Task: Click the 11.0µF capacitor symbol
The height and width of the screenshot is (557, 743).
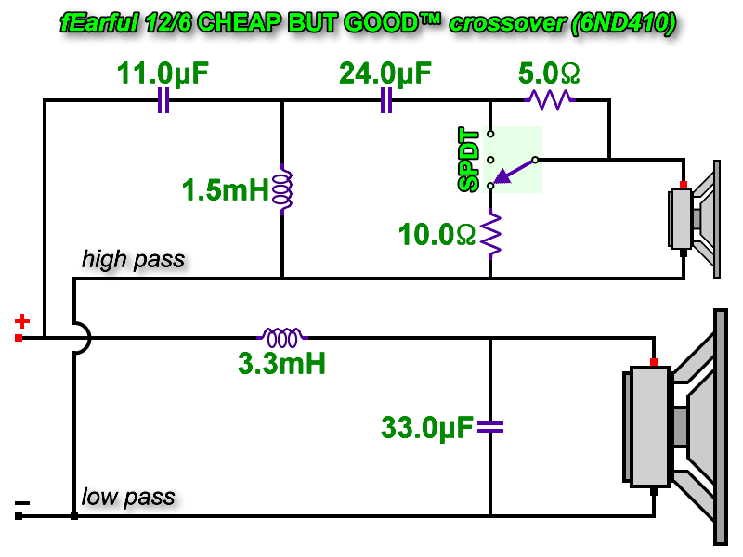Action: coord(163,100)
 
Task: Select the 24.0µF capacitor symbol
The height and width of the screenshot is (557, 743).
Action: coord(386,100)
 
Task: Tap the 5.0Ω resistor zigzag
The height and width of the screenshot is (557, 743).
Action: coord(550,100)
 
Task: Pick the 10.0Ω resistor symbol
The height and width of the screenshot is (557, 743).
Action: coord(491,235)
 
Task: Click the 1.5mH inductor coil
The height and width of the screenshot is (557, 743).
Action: coord(283,189)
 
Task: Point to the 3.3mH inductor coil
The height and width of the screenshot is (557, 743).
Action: coord(282,337)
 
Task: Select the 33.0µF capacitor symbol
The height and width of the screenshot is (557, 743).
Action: coord(490,427)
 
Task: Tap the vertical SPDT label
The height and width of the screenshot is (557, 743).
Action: coord(469,159)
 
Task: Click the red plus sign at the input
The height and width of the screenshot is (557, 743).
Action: coord(21,321)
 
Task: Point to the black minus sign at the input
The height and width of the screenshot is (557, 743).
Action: coord(21,503)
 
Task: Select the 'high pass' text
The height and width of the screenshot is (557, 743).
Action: coord(133,260)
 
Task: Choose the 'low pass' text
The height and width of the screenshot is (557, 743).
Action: coord(128,497)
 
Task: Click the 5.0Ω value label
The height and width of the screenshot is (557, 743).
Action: coord(549,73)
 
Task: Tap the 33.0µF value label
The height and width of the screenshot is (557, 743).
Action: coord(427,428)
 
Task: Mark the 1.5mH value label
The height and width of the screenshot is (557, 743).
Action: coord(226,189)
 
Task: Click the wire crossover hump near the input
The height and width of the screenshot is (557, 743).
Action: coord(82,338)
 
